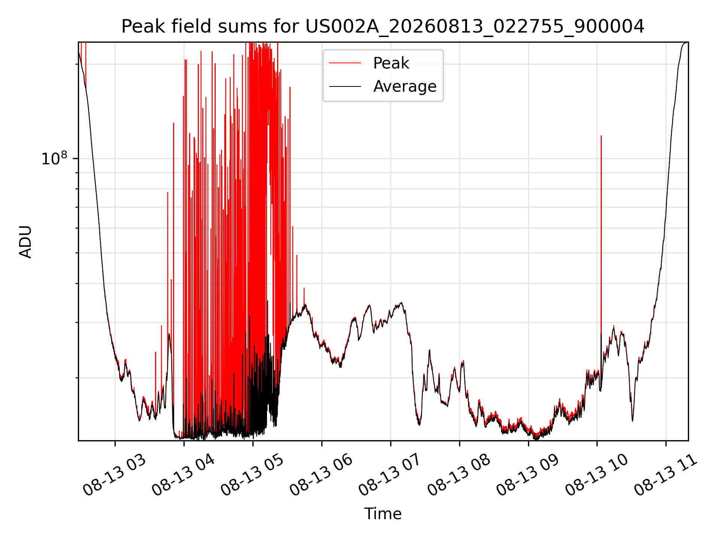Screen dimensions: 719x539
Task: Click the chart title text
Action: tap(383, 27)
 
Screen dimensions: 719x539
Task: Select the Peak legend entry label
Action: tap(391, 63)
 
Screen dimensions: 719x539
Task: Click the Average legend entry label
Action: tap(405, 86)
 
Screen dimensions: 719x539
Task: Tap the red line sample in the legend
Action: tap(345, 63)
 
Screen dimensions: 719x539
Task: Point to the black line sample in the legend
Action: tap(345, 86)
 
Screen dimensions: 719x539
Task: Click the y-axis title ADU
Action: tap(25, 241)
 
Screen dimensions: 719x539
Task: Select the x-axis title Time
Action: tap(383, 514)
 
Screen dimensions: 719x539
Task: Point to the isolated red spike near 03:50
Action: tap(173, 262)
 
